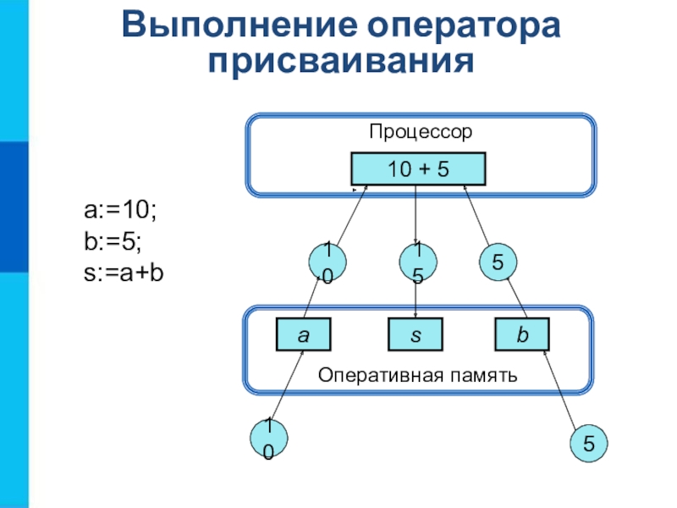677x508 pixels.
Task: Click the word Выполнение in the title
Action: [x=239, y=25]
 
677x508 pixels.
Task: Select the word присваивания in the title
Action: [x=341, y=61]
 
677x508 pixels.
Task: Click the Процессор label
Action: [x=421, y=132]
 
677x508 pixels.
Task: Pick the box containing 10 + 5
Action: [x=418, y=168]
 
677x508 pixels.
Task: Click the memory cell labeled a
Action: [x=304, y=334]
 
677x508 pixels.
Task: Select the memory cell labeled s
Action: [x=416, y=334]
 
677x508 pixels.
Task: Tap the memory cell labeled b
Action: [x=522, y=334]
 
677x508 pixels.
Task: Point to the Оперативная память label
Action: [x=417, y=375]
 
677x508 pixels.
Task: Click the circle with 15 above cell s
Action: [x=418, y=262]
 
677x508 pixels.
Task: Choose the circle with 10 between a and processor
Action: [x=327, y=262]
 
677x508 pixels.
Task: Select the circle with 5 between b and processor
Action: [x=498, y=262]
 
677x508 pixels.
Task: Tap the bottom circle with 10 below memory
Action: [x=268, y=438]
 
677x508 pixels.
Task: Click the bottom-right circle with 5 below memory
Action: [x=588, y=443]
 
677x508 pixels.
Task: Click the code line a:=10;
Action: [x=120, y=210]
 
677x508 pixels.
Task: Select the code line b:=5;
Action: [x=113, y=241]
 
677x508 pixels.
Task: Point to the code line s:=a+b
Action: [x=124, y=273]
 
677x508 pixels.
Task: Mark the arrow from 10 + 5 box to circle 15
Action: [x=416, y=215]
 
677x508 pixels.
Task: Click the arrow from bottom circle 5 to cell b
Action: [x=559, y=389]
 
